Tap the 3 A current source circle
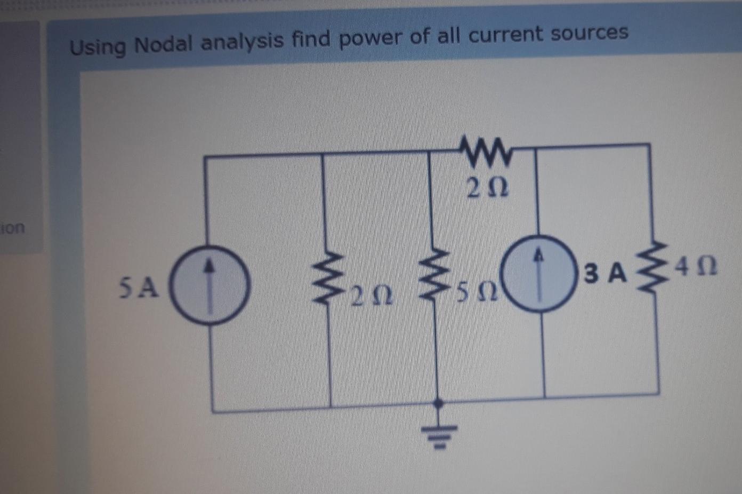[540, 273]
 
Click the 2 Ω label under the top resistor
[487, 187]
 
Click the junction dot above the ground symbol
[438, 403]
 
